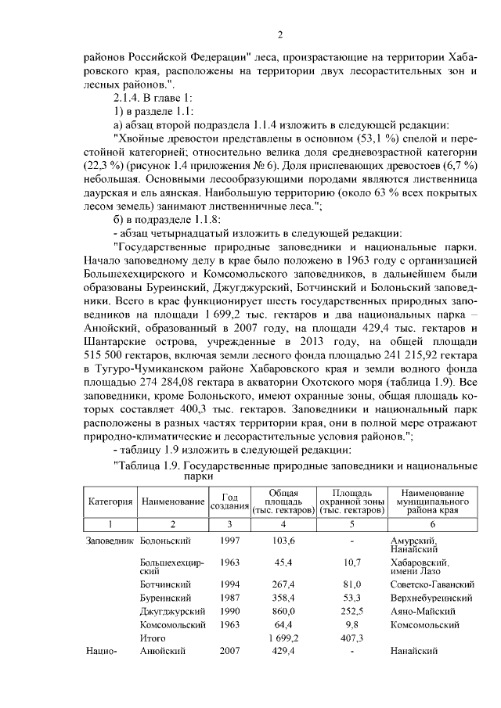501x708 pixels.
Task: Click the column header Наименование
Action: (173, 501)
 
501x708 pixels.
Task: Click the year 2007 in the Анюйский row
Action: (230, 651)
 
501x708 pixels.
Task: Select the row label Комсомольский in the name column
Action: (172, 624)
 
